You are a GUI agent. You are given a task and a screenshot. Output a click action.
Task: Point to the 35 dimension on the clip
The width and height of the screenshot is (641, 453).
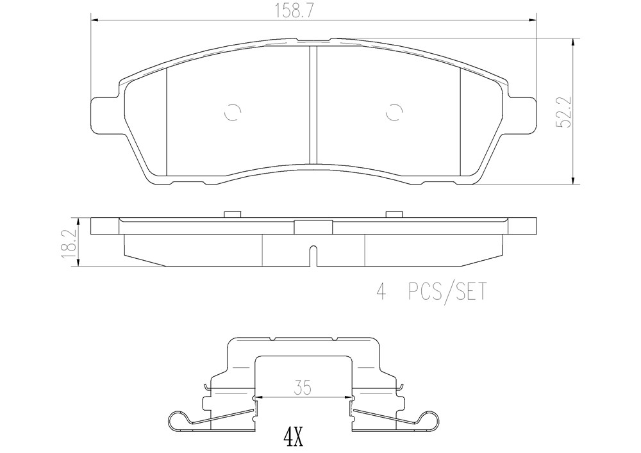pos(302,387)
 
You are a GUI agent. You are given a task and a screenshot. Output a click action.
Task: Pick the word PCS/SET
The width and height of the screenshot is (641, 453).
pos(447,292)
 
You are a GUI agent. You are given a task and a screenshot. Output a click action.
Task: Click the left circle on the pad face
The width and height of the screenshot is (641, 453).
pos(233,112)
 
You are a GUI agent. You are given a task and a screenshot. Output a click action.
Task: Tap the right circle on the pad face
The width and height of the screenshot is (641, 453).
pos(394,112)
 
